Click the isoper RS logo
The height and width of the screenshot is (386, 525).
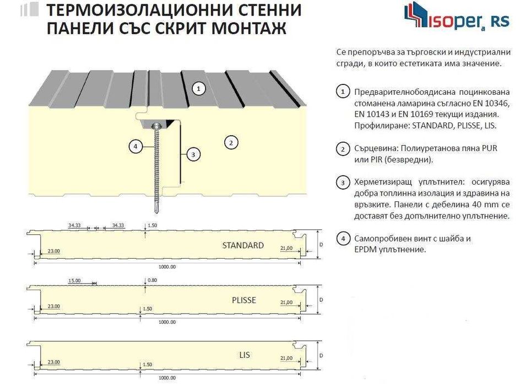457,17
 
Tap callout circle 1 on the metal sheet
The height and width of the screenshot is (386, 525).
198,89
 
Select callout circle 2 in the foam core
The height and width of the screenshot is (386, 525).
231,143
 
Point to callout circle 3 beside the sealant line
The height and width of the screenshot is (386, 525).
193,154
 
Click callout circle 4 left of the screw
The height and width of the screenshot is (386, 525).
136,147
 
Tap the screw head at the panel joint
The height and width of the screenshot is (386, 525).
156,126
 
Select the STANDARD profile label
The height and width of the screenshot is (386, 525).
243,245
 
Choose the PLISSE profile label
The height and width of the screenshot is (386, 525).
243,300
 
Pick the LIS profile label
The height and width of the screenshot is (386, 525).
245,355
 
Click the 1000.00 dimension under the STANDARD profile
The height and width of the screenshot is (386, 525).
167,267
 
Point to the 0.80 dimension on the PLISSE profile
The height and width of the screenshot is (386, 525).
153,280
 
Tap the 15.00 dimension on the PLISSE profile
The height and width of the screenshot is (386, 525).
74,281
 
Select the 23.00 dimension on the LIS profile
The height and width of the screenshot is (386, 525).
54,362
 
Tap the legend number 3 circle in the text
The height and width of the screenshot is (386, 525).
343,183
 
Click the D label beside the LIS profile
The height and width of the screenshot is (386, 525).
321,355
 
